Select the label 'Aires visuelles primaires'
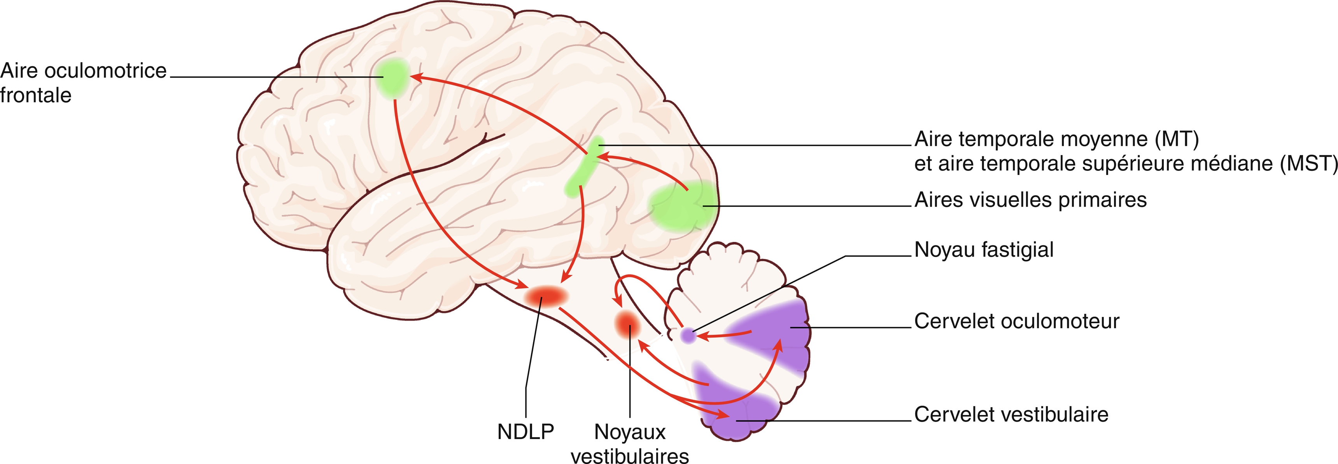(x=1030, y=200)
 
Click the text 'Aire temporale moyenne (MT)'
(x=1056, y=139)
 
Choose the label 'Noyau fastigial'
(x=984, y=250)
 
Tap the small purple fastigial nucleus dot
(x=688, y=335)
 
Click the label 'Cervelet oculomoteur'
(x=1016, y=322)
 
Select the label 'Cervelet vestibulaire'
(x=1011, y=415)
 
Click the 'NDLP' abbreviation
(x=525, y=432)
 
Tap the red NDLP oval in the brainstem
(x=545, y=296)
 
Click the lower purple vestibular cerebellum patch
(x=732, y=410)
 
